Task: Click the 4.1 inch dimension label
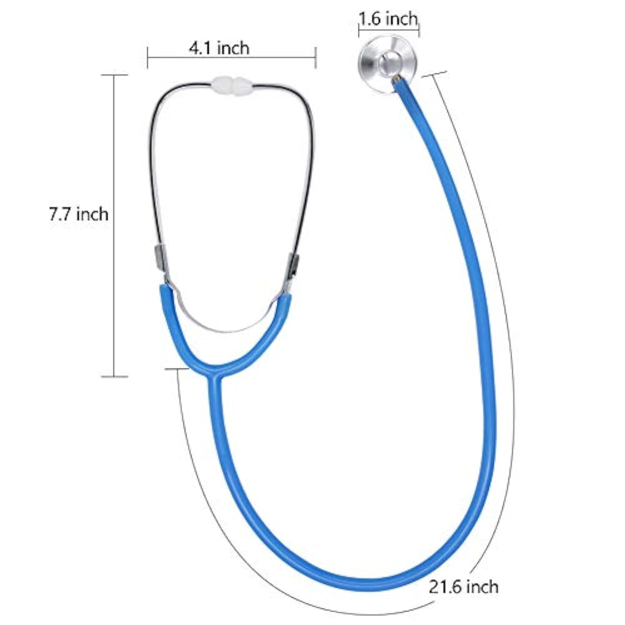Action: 219,48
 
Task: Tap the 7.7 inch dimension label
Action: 78,214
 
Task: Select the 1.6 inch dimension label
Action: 388,19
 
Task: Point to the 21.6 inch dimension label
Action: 464,587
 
